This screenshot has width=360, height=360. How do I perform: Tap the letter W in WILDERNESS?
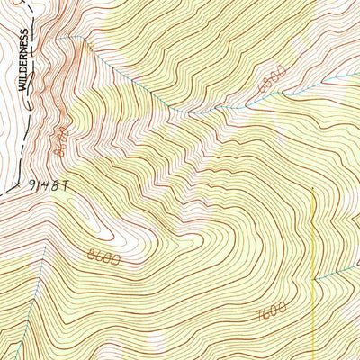pyautogui.click(x=25, y=86)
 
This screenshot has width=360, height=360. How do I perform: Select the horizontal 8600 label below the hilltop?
pyautogui.click(x=104, y=257)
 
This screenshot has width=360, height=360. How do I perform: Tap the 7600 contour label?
pyautogui.click(x=270, y=311)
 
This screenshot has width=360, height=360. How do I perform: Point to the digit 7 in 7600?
pyautogui.click(x=258, y=314)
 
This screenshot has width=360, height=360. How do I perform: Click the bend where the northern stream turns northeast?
pyautogui.click(x=184, y=112)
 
